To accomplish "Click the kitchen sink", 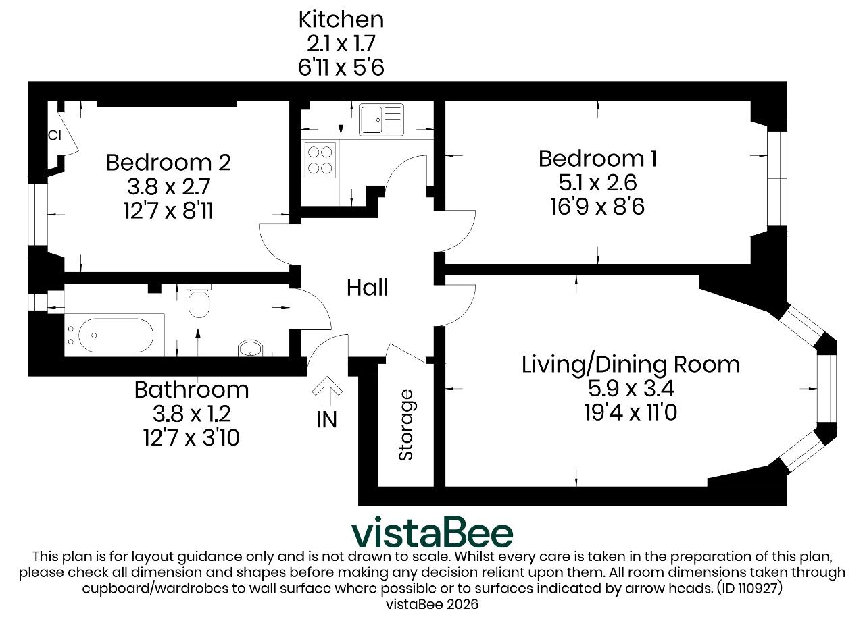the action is click(381, 119).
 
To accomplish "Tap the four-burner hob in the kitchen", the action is click(320, 161).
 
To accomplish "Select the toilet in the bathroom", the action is click(199, 301).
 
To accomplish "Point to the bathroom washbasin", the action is click(251, 348).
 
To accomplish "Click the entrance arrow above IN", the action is click(327, 391).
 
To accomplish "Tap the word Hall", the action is click(367, 288).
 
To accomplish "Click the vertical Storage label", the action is click(406, 425).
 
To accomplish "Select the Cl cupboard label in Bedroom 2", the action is click(55, 136).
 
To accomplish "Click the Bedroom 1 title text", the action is click(598, 159).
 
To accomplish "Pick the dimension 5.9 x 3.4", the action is click(631, 388).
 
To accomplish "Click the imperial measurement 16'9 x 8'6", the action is click(597, 207).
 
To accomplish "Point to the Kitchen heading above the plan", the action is click(341, 20).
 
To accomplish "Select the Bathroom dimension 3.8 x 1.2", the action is click(191, 414).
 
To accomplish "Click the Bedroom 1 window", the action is click(777, 178).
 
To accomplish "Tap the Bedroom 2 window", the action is click(37, 214).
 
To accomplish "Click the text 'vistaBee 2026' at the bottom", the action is click(432, 604).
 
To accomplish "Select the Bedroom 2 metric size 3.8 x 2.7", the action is click(168, 186).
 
